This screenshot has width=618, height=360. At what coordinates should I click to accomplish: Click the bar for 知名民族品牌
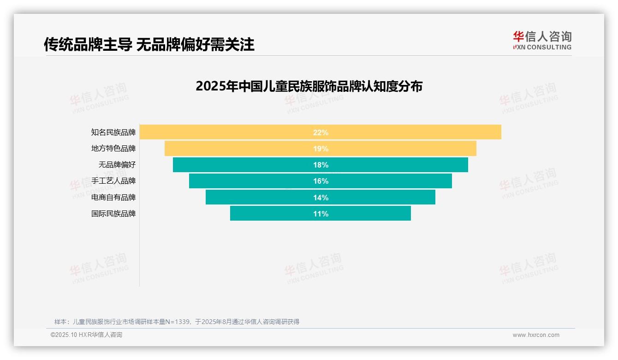tap(231, 132)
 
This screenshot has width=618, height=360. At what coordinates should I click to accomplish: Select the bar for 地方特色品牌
tap(240, 149)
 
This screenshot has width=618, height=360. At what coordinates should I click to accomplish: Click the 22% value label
tap(321, 132)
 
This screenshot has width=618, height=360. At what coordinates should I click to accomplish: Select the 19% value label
tap(321, 149)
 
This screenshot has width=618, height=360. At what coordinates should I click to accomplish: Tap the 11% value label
tap(321, 214)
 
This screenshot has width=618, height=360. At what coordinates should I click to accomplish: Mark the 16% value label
tap(321, 181)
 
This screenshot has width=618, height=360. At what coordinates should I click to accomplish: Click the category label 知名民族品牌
tap(113, 132)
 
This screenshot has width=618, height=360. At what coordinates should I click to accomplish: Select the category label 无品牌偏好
tap(117, 165)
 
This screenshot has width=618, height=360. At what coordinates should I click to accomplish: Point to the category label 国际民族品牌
tap(113, 214)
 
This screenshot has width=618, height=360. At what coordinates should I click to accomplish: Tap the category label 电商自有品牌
tap(113, 198)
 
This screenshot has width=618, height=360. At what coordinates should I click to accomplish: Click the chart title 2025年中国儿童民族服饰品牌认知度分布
tap(309, 86)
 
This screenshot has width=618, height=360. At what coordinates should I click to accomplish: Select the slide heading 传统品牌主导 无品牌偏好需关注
tap(149, 44)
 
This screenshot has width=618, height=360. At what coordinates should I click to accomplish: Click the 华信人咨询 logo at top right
tap(542, 40)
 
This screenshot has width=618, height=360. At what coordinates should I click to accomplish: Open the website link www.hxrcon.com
tap(536, 335)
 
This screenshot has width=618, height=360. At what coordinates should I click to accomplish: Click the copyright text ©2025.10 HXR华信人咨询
tap(86, 335)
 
